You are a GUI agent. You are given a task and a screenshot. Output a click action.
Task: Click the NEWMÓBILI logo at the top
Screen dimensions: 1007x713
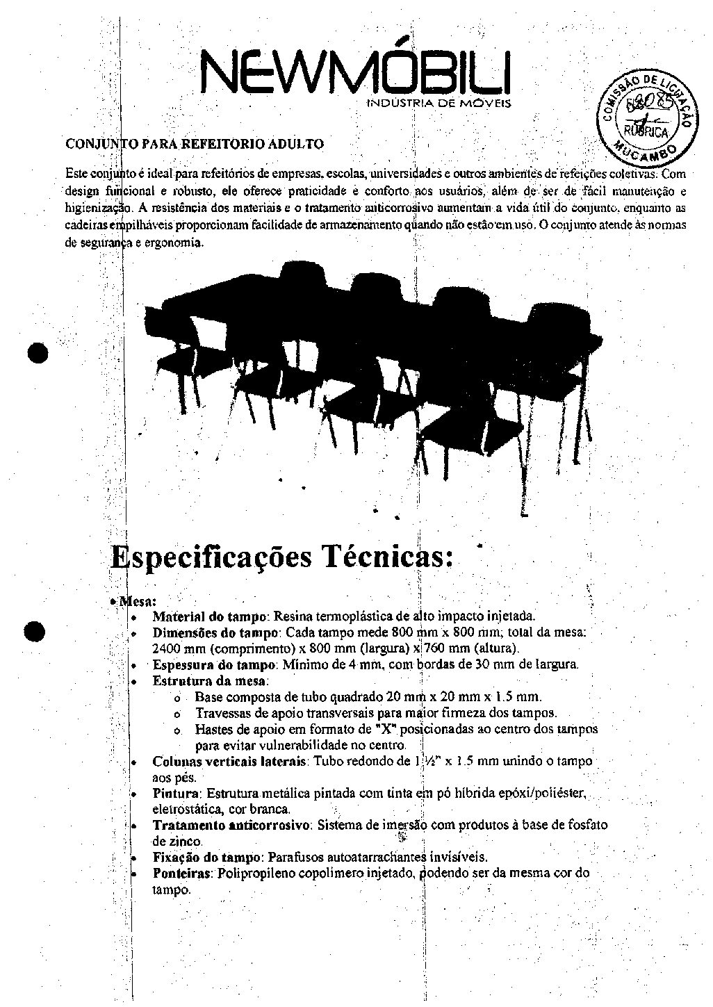coord(355,70)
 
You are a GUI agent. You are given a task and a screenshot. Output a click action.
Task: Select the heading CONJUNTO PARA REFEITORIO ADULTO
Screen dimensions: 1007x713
coord(194,145)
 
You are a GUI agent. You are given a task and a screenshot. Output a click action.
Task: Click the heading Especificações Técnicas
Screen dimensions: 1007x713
coord(282,557)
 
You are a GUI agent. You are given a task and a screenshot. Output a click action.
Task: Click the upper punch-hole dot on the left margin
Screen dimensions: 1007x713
coord(38,352)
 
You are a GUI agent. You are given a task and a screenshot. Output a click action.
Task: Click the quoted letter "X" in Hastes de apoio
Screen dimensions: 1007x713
coord(369,729)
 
